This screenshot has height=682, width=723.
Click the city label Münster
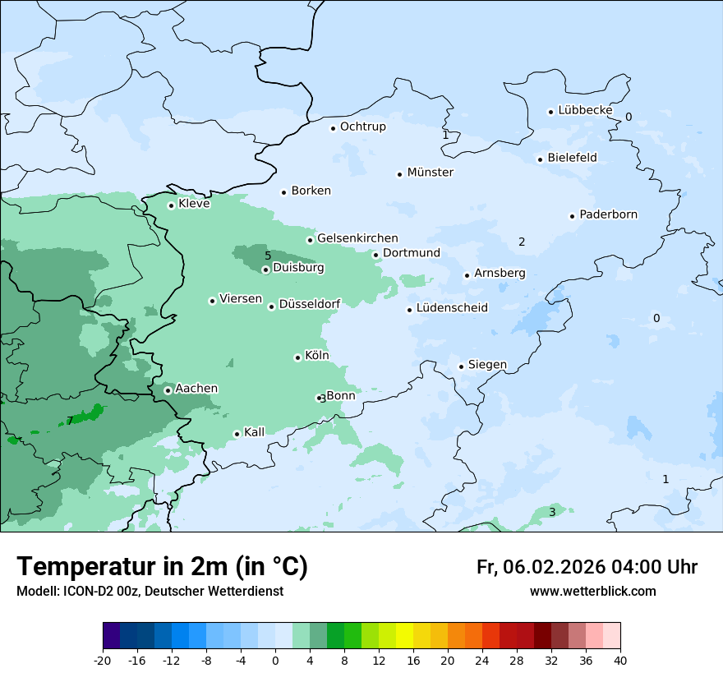click(430, 173)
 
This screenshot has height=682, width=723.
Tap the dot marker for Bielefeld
click(541, 159)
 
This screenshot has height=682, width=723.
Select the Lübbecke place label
click(585, 110)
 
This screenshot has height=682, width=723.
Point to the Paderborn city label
click(608, 214)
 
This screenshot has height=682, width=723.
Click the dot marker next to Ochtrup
click(334, 128)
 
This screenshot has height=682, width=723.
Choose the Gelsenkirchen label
click(357, 238)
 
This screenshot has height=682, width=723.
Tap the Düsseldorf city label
click(310, 304)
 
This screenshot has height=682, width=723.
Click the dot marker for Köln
click(298, 357)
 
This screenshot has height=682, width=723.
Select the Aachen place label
click(196, 389)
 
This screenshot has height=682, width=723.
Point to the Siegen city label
click(487, 365)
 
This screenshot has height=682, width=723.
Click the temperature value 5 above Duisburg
click(268, 256)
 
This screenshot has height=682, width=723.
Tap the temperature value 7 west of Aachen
click(70, 421)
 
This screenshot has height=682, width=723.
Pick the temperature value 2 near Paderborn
click(522, 242)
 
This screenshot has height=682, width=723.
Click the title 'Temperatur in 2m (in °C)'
click(162, 567)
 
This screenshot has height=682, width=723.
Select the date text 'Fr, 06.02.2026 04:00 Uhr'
click(587, 567)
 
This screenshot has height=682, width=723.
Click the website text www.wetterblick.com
click(592, 592)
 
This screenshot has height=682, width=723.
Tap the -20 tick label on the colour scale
click(103, 661)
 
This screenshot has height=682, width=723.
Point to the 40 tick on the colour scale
click(619, 661)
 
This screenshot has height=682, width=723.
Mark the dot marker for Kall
click(237, 434)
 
